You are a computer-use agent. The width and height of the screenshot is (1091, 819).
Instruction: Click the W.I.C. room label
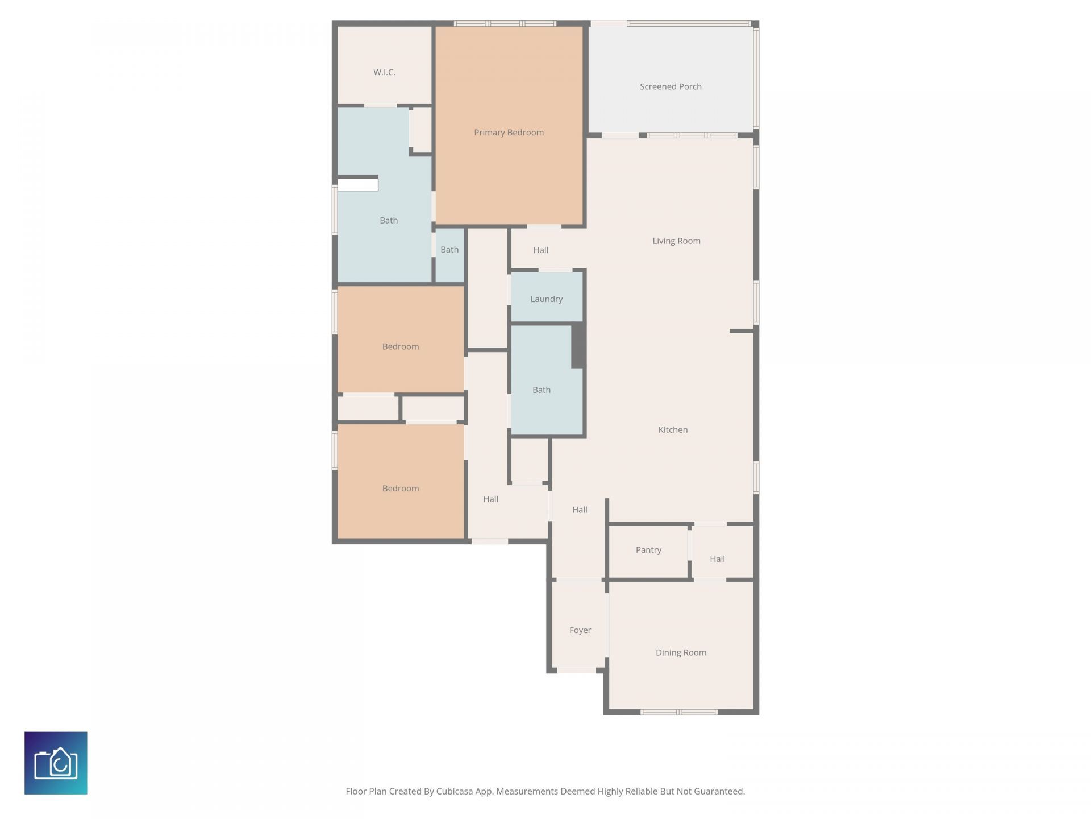tap(384, 72)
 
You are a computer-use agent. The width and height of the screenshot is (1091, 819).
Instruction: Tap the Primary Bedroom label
tap(509, 133)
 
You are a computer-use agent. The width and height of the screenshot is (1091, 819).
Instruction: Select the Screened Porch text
tap(671, 86)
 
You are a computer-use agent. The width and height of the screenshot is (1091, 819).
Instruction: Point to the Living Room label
tap(676, 241)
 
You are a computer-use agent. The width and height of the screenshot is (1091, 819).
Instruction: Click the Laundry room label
tap(546, 299)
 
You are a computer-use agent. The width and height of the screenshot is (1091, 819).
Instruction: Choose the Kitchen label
tap(673, 429)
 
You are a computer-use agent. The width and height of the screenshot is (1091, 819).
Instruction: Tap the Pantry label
tap(648, 549)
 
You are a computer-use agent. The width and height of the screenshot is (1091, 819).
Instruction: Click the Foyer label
tap(580, 630)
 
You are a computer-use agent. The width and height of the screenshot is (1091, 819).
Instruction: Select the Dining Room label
tap(681, 652)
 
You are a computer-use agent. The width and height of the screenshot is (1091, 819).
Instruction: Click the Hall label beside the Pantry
tap(717, 559)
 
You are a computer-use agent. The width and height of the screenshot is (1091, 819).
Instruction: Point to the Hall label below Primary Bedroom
tap(540, 250)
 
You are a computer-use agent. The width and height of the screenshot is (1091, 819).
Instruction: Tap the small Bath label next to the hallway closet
tap(449, 249)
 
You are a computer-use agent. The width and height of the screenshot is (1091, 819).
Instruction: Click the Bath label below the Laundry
tap(541, 390)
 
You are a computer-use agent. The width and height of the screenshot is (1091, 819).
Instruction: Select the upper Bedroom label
tap(401, 346)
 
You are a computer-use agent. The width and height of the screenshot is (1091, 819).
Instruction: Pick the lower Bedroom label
tap(401, 488)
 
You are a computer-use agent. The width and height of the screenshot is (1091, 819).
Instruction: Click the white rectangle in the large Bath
tap(358, 184)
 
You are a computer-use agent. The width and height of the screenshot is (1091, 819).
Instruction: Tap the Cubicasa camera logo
tap(56, 763)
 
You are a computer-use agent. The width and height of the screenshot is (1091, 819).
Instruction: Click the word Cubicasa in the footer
tap(455, 791)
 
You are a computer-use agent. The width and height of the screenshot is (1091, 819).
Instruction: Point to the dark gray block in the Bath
tap(578, 345)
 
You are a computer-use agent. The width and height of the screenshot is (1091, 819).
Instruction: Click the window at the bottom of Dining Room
tap(679, 712)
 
